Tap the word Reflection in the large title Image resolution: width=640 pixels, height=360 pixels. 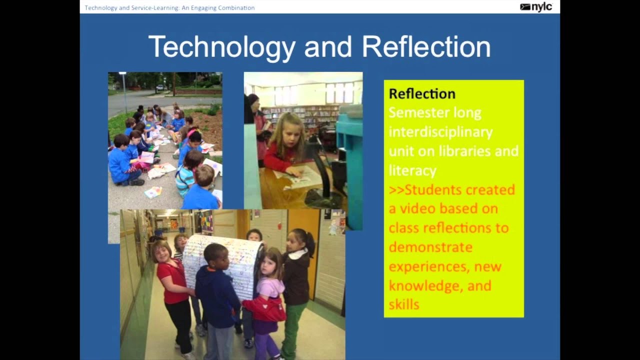click(426, 47)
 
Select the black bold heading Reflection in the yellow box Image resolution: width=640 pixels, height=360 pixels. click(422, 93)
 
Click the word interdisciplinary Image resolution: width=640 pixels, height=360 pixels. click(440, 132)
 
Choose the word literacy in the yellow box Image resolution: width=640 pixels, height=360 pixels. click(412, 170)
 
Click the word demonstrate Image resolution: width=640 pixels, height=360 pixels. click(430, 247)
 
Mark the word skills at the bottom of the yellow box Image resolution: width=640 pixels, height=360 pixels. click(404, 304)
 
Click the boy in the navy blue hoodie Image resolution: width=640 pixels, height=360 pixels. click(216, 290)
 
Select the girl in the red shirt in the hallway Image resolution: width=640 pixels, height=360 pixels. click(172, 285)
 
